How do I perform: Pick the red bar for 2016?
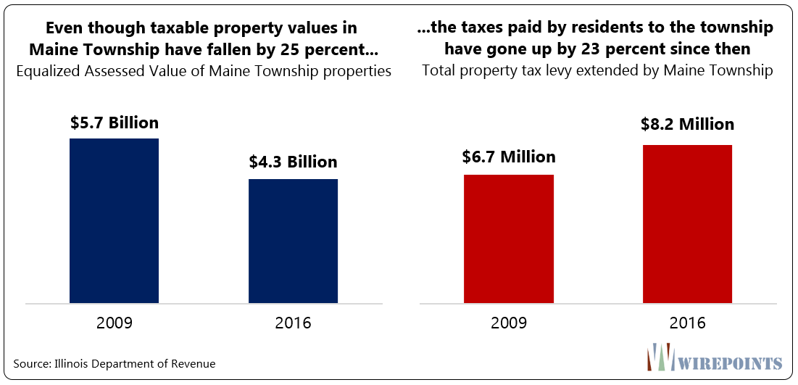click(687, 223)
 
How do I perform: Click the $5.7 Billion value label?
click(115, 123)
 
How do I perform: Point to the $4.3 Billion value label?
click(293, 162)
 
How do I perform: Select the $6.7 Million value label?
click(509, 157)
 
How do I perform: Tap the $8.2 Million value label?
click(687, 125)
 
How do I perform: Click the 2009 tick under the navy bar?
click(115, 323)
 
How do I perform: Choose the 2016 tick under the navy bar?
click(293, 323)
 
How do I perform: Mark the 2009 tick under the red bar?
click(509, 323)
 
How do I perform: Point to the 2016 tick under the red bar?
click(687, 323)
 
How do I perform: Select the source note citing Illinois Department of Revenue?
click(115, 363)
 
